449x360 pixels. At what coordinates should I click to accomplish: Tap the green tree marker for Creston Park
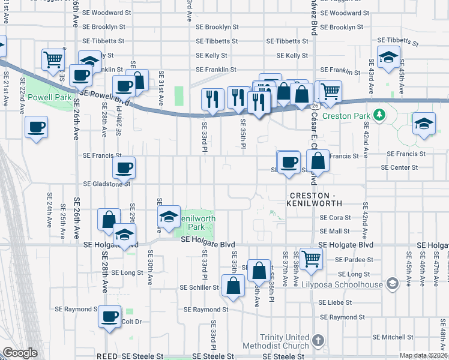click(x=379, y=114)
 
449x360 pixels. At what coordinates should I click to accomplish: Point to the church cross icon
click(x=318, y=340)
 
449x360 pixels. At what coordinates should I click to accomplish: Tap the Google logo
click(x=20, y=353)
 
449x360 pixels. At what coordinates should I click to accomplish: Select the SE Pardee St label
click(x=355, y=260)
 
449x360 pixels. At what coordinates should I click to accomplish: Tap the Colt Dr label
click(x=131, y=322)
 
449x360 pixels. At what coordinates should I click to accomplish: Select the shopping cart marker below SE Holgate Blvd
click(x=312, y=259)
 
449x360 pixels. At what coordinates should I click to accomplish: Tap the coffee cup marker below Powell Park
click(x=37, y=127)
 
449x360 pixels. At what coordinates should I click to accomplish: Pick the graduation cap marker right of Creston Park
click(x=424, y=124)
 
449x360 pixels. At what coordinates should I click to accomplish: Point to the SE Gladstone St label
click(x=106, y=184)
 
